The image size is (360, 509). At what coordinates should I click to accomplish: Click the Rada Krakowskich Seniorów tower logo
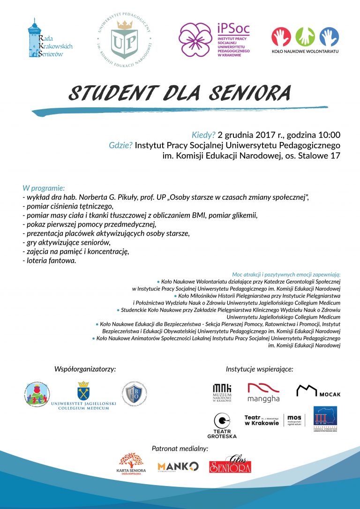[35, 38]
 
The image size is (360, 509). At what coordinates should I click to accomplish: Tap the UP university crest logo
[125, 39]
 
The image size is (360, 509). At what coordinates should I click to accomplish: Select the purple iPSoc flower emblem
[195, 39]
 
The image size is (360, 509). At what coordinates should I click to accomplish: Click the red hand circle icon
[281, 37]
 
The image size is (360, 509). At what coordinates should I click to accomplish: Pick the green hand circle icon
[305, 37]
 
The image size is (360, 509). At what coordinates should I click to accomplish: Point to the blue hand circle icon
[329, 37]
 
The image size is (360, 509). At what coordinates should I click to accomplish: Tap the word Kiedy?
[203, 135]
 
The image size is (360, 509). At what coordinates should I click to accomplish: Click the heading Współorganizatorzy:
[85, 369]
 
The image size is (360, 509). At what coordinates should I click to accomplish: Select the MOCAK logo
[318, 391]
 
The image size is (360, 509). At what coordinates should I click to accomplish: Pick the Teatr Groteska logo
[222, 425]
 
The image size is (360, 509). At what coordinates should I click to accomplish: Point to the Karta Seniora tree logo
[131, 462]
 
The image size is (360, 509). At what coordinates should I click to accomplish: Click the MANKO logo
[178, 466]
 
